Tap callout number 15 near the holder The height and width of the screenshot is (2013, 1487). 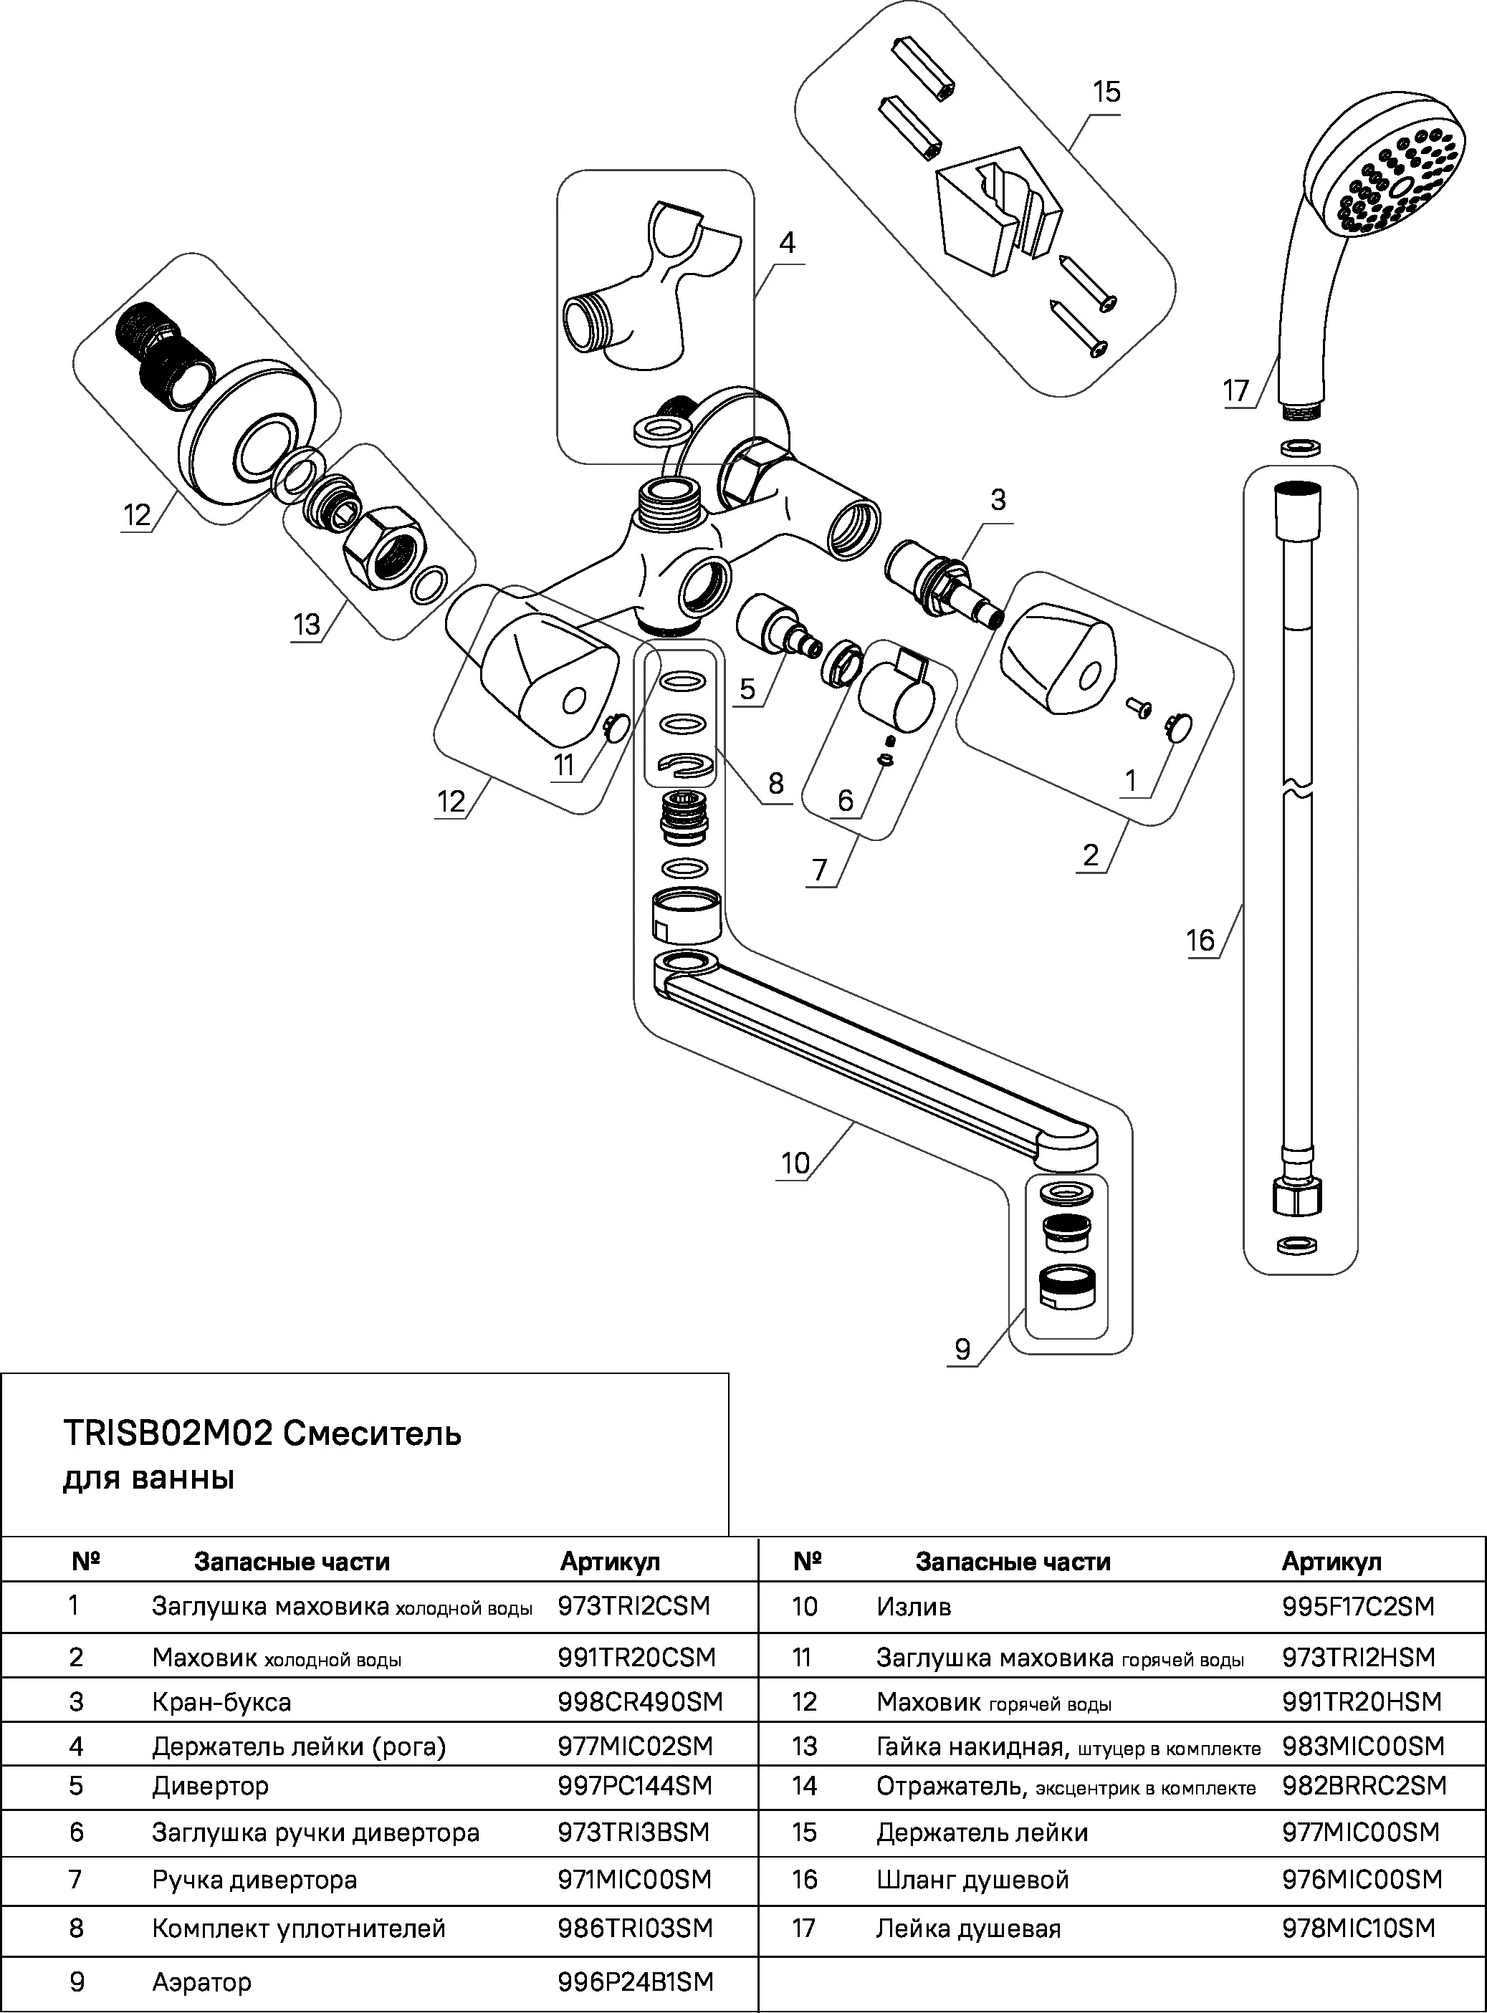click(x=1106, y=92)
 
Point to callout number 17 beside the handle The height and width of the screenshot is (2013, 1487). click(x=1236, y=390)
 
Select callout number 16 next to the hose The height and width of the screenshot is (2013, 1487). click(x=1200, y=941)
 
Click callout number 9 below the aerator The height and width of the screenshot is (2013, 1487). click(x=962, y=1349)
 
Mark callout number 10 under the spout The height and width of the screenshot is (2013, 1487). click(x=795, y=1163)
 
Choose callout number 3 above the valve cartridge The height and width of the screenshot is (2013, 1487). click(x=998, y=499)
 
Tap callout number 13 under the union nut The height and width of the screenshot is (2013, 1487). click(x=306, y=624)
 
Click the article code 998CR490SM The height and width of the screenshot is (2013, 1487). click(x=640, y=1701)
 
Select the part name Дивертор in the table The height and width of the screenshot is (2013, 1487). click(x=210, y=1785)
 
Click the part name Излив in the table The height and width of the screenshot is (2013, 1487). click(x=914, y=1606)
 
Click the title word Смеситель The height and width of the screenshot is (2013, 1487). click(x=373, y=1433)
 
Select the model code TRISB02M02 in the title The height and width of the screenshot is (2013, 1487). click(x=168, y=1433)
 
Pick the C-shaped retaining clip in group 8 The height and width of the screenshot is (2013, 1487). click(x=685, y=765)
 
